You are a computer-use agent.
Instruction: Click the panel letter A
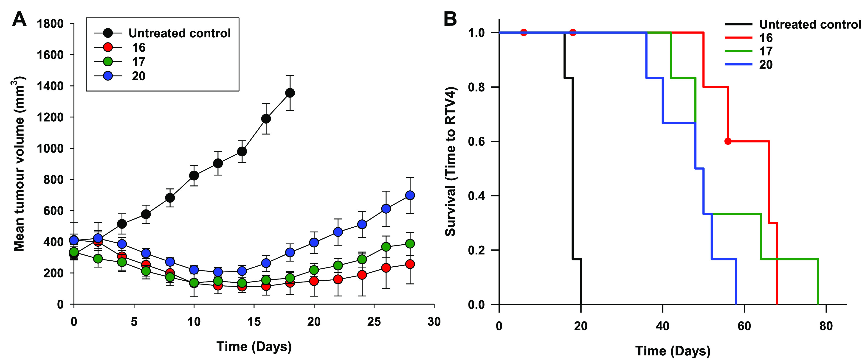tap(19, 19)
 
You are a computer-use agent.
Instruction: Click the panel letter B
tap(450, 19)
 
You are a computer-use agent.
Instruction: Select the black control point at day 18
tap(290, 93)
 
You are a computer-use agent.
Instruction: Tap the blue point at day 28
tap(410, 195)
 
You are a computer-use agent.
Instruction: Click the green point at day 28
tap(410, 243)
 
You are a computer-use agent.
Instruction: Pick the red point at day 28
tap(410, 264)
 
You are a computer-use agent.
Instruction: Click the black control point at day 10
tap(194, 176)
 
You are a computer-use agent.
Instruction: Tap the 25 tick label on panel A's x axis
tap(374, 322)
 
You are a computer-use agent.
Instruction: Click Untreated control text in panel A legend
tap(180, 33)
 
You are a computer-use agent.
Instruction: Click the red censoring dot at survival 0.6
tap(728, 141)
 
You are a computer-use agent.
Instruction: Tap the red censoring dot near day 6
tap(523, 33)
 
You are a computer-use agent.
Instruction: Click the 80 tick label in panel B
tap(826, 326)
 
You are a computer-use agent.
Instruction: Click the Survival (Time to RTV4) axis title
tap(451, 162)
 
